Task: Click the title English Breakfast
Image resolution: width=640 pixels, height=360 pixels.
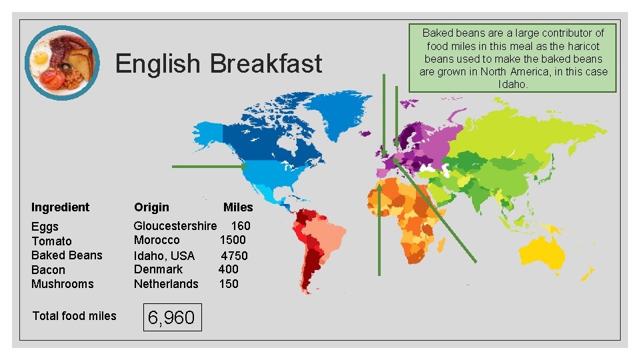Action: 219,64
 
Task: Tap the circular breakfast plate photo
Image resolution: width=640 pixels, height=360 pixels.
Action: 61,63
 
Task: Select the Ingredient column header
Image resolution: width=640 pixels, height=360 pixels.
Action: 60,207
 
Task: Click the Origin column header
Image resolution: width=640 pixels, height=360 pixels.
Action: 151,207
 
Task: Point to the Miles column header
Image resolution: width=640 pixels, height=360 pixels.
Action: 238,207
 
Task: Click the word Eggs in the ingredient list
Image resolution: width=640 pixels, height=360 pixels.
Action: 45,227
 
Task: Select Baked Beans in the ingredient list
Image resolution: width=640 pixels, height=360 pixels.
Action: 67,255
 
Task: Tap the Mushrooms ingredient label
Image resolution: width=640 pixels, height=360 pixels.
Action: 63,284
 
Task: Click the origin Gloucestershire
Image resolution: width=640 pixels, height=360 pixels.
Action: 175,226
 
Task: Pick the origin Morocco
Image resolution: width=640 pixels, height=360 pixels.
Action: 157,240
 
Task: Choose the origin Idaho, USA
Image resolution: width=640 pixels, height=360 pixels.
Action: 164,255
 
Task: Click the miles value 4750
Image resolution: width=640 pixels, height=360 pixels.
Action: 234,255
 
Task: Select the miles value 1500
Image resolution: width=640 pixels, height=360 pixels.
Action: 233,240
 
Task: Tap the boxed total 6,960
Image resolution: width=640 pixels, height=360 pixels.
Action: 171,318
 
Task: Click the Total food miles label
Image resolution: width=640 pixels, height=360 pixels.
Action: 74,316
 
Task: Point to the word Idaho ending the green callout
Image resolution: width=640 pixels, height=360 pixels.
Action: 513,84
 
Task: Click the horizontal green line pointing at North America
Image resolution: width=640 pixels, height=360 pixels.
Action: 209,166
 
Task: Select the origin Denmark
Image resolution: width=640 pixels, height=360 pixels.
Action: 158,269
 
